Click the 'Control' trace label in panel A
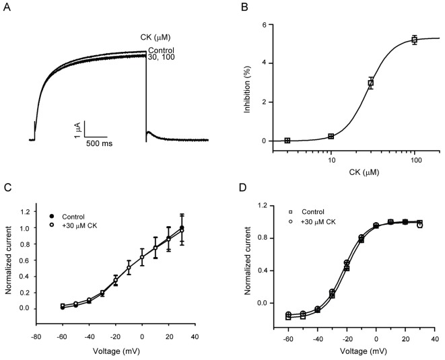(162, 50)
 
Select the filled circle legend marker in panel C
(53, 217)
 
